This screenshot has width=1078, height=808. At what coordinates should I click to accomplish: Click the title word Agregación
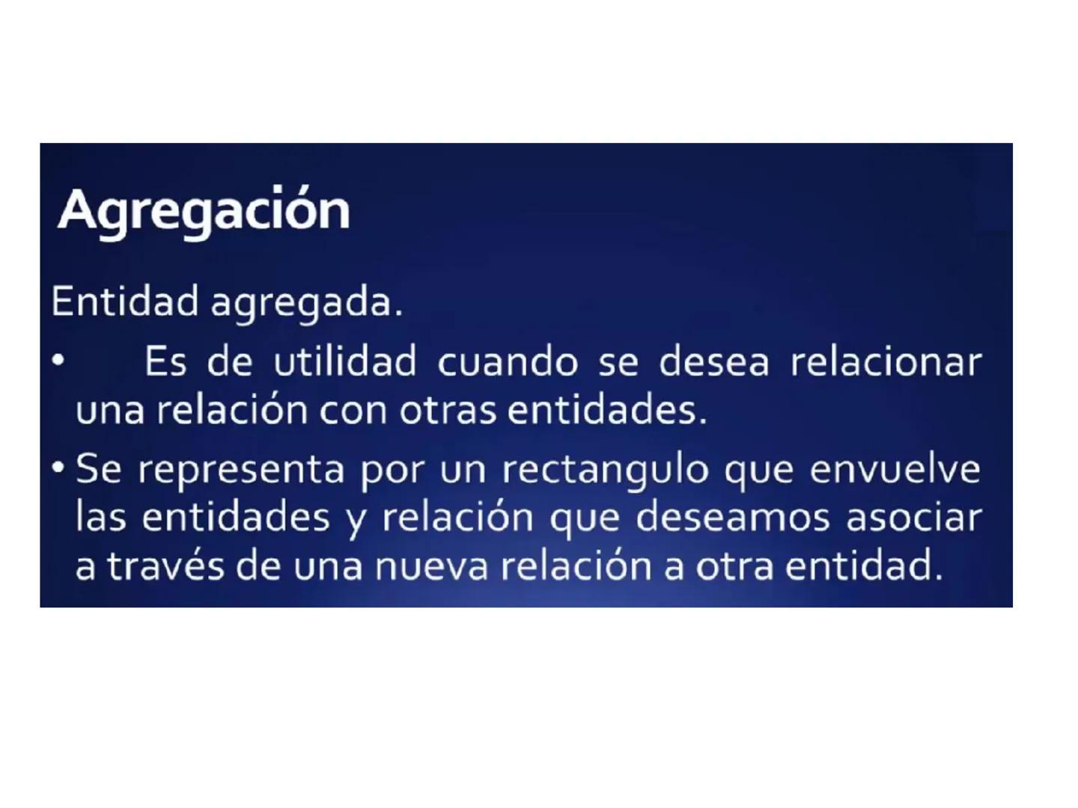(204, 211)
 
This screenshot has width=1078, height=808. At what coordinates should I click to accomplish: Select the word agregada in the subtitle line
(306, 303)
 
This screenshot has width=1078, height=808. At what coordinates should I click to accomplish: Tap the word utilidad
(344, 362)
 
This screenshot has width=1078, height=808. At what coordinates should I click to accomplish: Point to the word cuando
(507, 362)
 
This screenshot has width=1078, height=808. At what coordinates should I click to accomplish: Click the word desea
(713, 362)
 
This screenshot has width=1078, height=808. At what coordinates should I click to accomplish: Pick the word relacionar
(886, 362)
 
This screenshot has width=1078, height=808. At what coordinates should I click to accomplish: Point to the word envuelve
(895, 470)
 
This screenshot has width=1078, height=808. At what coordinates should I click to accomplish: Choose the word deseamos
(732, 518)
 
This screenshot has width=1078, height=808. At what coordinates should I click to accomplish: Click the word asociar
(913, 518)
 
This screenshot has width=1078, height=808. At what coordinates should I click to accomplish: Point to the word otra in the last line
(734, 566)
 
